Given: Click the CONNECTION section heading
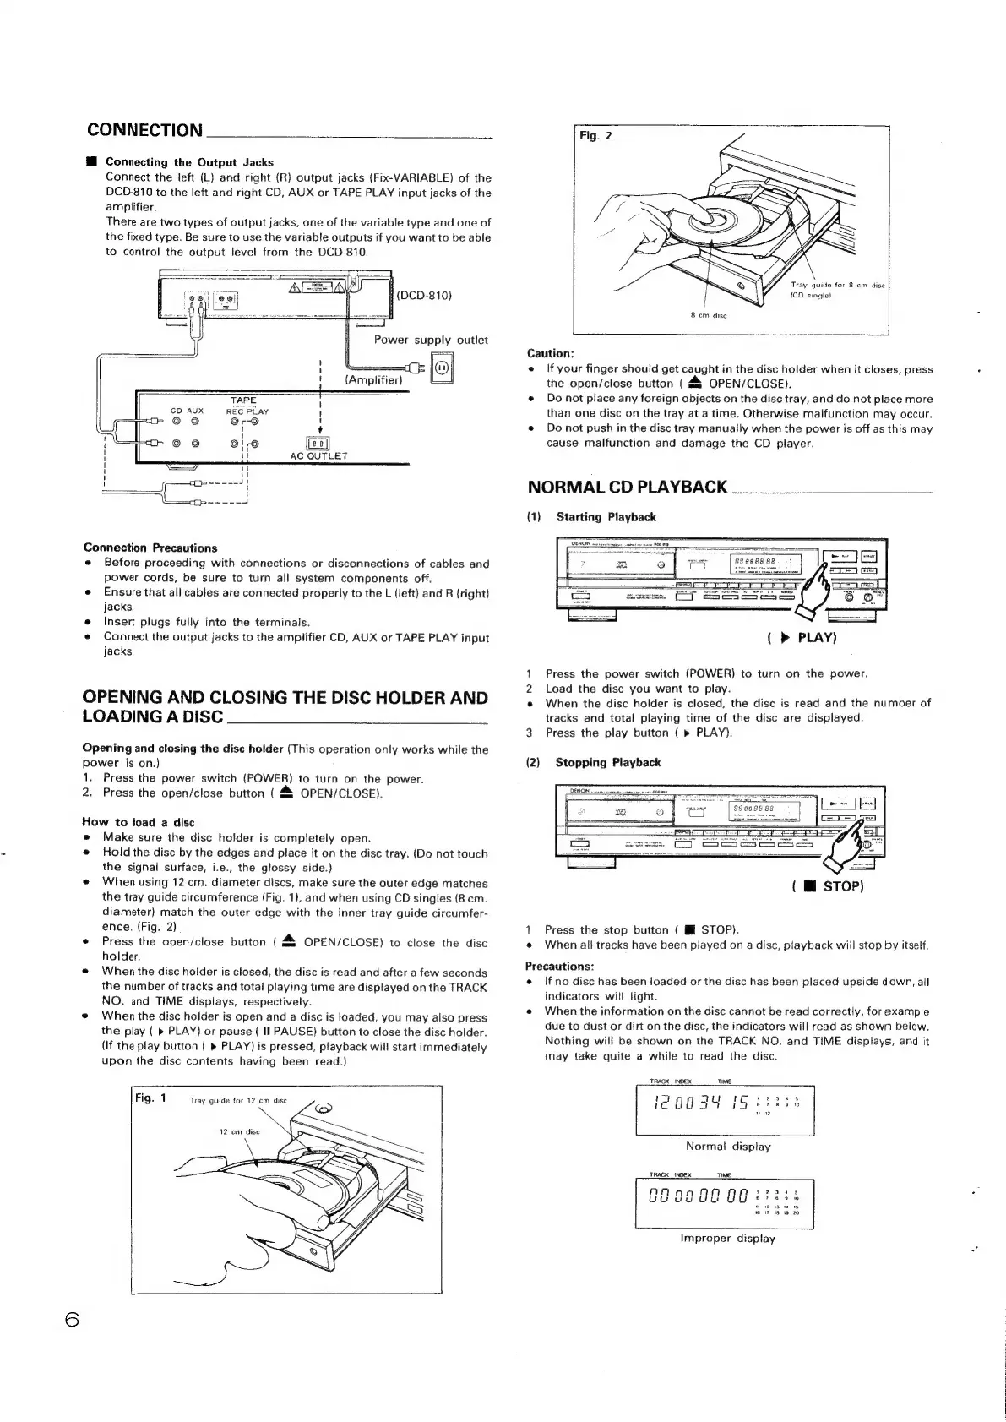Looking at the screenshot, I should [144, 130].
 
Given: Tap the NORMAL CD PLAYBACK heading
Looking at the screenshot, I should [627, 487].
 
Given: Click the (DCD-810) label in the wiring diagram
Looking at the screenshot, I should [425, 295].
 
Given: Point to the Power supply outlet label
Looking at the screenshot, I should [431, 340].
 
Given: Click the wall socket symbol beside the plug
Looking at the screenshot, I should [442, 369].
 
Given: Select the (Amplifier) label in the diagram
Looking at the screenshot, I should [373, 380].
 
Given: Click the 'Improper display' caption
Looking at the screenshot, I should [727, 1238].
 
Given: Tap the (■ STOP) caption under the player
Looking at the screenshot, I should [815, 886].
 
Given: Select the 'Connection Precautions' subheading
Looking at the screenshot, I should [150, 548].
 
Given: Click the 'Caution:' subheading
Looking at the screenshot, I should [550, 353].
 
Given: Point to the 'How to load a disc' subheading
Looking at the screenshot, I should [138, 822].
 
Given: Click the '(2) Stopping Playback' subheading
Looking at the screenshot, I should [593, 762].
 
